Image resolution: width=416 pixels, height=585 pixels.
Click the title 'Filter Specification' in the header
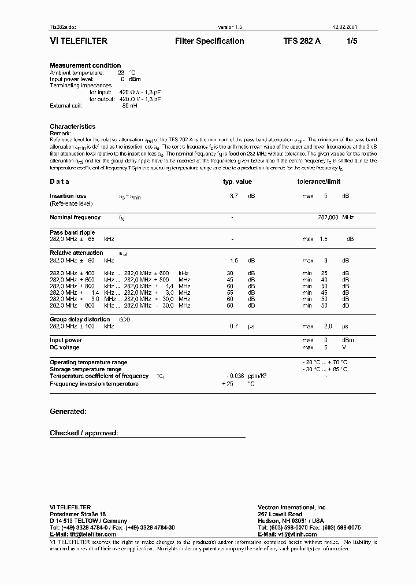click(209, 42)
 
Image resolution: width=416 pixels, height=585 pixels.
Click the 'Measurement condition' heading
click(85, 65)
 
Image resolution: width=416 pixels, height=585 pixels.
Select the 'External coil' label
click(66, 106)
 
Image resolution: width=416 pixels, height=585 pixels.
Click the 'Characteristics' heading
click(72, 127)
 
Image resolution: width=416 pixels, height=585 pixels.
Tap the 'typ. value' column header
click(237, 182)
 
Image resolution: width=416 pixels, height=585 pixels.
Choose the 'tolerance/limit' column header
click(319, 182)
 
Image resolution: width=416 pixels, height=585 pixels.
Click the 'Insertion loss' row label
click(68, 196)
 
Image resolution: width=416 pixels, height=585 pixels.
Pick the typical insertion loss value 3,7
click(234, 197)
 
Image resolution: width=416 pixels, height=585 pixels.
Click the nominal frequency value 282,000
click(328, 217)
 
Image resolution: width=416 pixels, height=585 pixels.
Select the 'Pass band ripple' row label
click(72, 232)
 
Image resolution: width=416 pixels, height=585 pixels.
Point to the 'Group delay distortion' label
click(80, 319)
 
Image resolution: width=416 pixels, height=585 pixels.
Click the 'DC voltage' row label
click(65, 347)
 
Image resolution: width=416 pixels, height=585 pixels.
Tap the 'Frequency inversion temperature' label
click(94, 383)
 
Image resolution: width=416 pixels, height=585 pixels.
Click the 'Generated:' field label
click(68, 412)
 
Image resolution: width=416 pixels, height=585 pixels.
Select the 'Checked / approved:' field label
click(84, 433)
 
